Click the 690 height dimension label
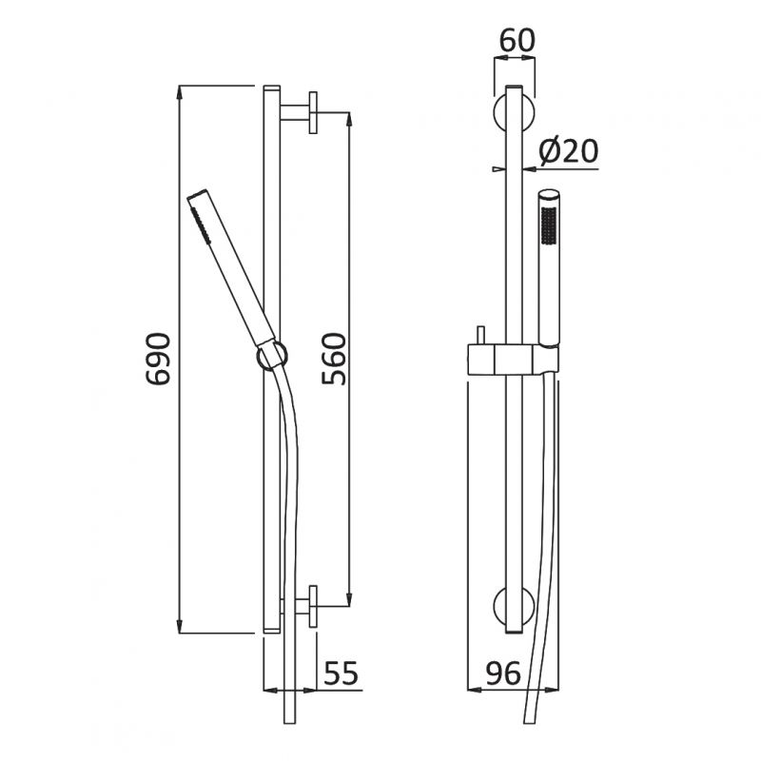159,359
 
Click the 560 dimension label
334,359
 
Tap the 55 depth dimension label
341,673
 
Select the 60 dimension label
517,40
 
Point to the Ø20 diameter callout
568,150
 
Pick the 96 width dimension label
503,673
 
